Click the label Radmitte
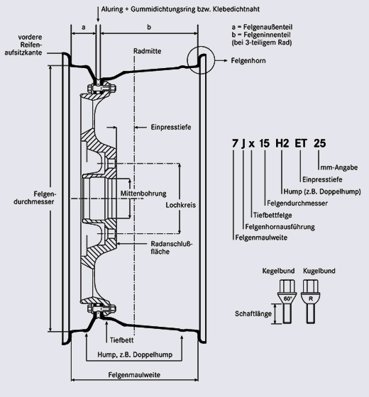click(148, 51)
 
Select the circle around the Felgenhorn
click(187, 60)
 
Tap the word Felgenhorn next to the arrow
click(248, 61)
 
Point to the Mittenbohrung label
click(143, 194)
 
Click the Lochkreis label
click(181, 205)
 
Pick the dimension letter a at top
click(84, 27)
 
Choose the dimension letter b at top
click(149, 27)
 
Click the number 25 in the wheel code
click(319, 143)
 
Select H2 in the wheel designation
click(282, 143)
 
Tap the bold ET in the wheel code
click(301, 143)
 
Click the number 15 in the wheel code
click(264, 143)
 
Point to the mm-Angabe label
click(339, 167)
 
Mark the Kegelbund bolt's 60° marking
click(287, 298)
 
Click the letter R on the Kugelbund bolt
click(311, 298)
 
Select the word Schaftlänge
click(253, 313)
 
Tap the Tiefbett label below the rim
click(121, 340)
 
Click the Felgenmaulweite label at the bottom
click(134, 375)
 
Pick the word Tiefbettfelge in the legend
click(272, 216)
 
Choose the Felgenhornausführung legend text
click(280, 227)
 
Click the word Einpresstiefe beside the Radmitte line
click(171, 127)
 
